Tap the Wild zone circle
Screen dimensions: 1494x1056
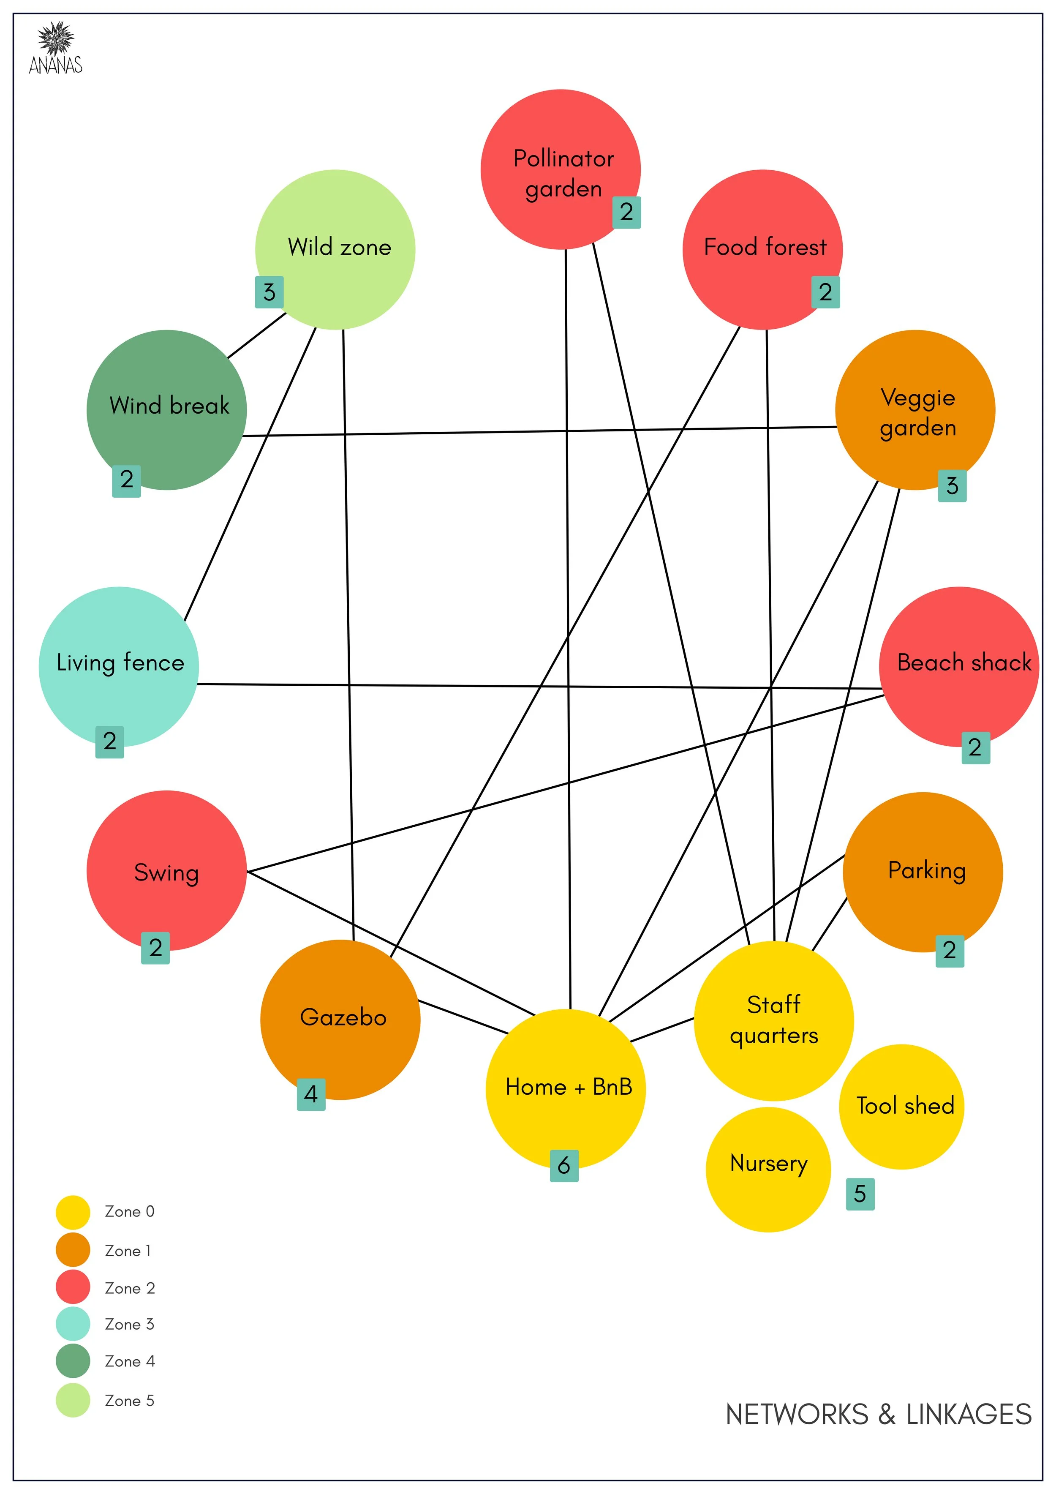click(335, 249)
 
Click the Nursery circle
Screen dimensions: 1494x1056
click(768, 1170)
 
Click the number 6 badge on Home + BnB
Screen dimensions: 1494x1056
click(563, 1165)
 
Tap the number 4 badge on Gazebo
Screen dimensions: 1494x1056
click(311, 1094)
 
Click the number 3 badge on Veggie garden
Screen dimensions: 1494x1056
click(952, 485)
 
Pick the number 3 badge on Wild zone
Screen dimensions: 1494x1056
click(269, 292)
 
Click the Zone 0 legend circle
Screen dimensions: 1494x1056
click(73, 1212)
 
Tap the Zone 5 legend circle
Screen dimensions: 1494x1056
click(73, 1400)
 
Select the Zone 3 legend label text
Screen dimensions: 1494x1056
click(130, 1324)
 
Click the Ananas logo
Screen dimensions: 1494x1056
click(55, 47)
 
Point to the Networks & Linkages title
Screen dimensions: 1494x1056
click(878, 1414)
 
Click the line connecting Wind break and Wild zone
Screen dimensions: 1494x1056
click(256, 336)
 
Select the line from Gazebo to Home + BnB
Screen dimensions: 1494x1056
click(463, 1017)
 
